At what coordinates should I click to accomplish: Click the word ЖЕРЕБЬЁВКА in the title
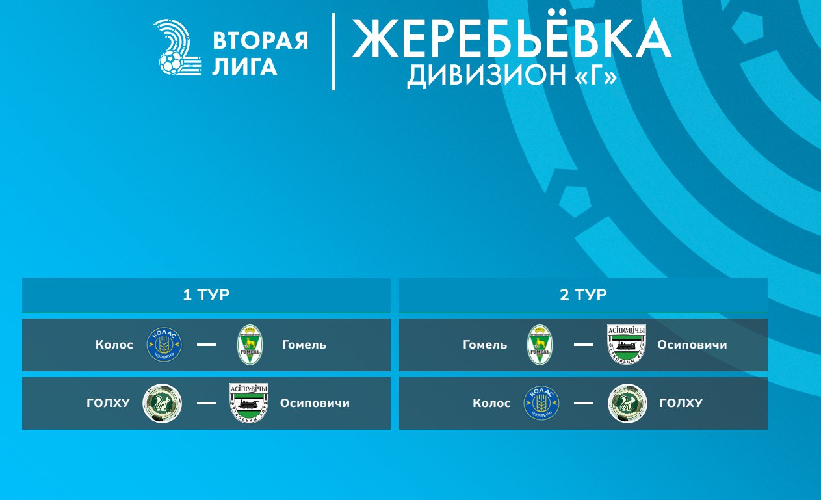point(512,38)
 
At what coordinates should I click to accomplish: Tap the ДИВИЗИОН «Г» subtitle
point(512,75)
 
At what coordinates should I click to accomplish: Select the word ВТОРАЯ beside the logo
point(260,40)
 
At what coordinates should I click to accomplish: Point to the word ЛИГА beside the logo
point(244,66)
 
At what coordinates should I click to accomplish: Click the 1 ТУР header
point(206,295)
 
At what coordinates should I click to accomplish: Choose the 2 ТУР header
point(583,295)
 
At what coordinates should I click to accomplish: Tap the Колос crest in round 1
point(164,345)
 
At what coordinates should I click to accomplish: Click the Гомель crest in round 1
point(250,345)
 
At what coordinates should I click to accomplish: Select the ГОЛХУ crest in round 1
point(162,403)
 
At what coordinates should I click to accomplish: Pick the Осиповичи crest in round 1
point(249,403)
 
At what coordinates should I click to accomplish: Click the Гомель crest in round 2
point(540,345)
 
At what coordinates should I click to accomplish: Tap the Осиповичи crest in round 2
point(627,345)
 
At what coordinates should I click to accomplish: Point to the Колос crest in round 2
point(541,403)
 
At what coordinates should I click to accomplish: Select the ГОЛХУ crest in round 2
point(627,403)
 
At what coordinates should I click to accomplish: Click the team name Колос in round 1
point(114,345)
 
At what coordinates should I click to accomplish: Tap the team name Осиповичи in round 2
point(692,345)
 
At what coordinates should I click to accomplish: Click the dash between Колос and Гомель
point(206,345)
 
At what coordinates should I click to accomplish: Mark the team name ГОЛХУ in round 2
point(681,403)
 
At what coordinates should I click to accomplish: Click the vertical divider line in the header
point(333,51)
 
